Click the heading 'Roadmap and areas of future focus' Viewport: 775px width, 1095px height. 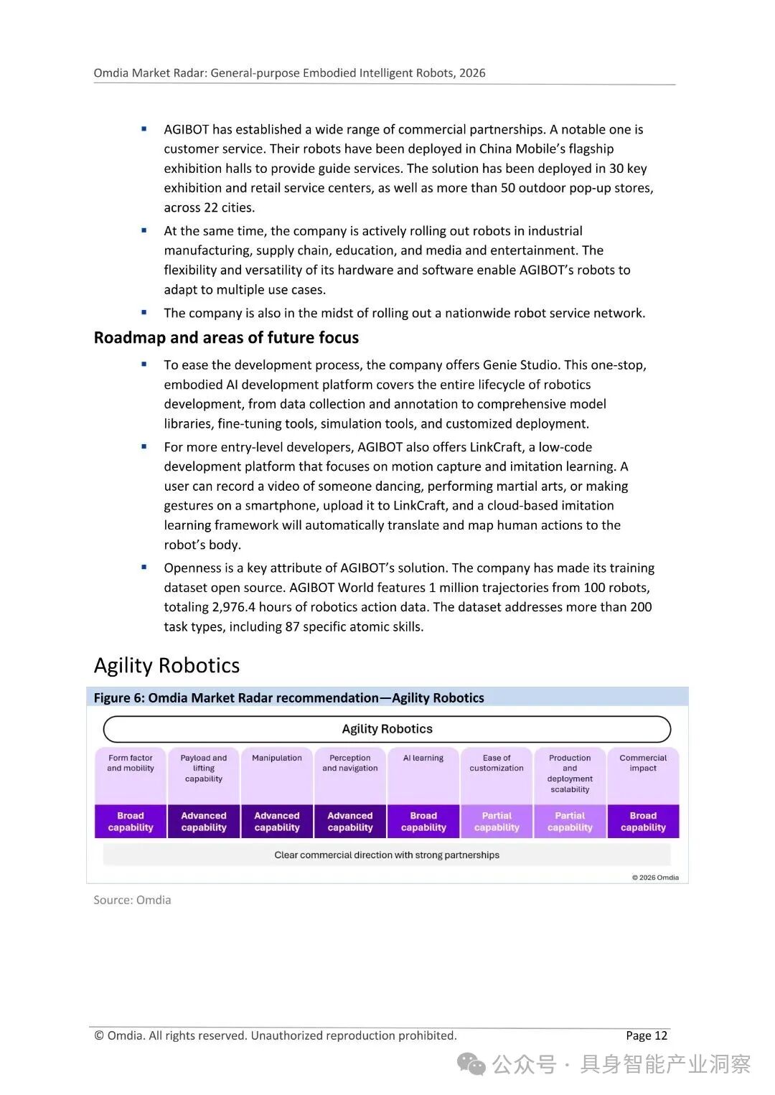point(226,337)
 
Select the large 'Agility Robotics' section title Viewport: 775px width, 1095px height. point(166,665)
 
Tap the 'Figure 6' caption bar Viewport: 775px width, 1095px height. point(288,697)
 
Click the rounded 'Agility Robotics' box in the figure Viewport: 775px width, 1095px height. point(387,729)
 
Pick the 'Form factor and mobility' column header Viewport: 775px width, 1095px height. point(131,763)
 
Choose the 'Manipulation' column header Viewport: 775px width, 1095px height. point(277,758)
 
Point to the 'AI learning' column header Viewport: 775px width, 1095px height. point(423,758)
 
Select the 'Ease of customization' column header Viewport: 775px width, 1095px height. point(497,763)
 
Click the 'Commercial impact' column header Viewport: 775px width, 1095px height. point(643,763)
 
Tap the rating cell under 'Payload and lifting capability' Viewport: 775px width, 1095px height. point(204,822)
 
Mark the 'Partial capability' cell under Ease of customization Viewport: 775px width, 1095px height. point(497,822)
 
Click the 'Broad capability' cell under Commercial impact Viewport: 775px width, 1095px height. point(643,822)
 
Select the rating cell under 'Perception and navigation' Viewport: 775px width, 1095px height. point(350,822)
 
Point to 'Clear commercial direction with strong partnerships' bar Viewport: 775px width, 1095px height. point(387,855)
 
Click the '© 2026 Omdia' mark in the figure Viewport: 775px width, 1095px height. point(654,877)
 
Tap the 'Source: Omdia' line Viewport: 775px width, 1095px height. point(132,900)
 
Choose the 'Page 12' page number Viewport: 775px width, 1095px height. point(646,1035)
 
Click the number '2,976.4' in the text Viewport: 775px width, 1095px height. point(233,607)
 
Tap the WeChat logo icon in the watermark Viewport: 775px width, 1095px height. point(471,1064)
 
